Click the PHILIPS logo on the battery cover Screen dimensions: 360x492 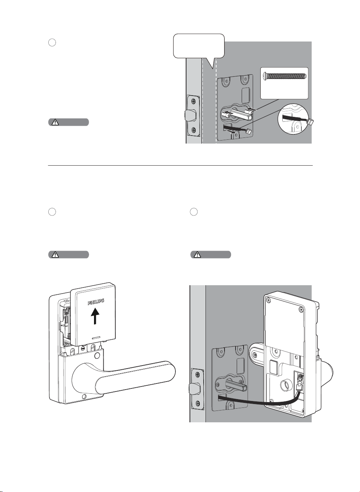coord(96,302)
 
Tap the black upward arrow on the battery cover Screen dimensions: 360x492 coord(95,316)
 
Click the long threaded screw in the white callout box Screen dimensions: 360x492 coord(285,76)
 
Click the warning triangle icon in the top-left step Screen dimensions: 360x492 coord(55,122)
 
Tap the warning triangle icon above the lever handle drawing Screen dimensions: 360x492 coord(55,254)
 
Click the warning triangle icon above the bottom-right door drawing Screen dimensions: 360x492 coord(197,254)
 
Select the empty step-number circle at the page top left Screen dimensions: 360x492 coord(52,43)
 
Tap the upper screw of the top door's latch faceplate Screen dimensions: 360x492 coord(193,101)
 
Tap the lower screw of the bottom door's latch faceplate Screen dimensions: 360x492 coord(198,403)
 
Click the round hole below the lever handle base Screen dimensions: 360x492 coord(84,397)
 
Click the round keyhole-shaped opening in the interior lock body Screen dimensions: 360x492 coord(285,385)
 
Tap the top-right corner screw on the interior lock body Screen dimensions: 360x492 coord(301,310)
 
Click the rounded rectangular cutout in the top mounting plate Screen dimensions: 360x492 coord(245,96)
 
